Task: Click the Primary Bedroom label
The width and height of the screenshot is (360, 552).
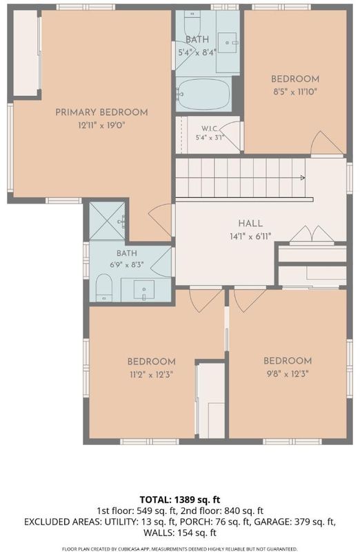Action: pyautogui.click(x=101, y=112)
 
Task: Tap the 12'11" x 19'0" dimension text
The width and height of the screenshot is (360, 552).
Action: pyautogui.click(x=101, y=125)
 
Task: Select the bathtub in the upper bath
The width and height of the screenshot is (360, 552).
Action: pyautogui.click(x=203, y=94)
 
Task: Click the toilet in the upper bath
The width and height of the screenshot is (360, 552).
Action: pyautogui.click(x=192, y=21)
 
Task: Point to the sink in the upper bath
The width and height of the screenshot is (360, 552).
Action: pyautogui.click(x=228, y=43)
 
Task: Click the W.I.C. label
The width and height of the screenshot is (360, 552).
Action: pyautogui.click(x=210, y=128)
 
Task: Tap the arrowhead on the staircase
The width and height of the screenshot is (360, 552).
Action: pyautogui.click(x=302, y=178)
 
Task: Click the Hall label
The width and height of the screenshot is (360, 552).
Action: pyautogui.click(x=250, y=223)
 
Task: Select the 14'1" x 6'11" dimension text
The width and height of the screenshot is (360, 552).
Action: pyautogui.click(x=250, y=236)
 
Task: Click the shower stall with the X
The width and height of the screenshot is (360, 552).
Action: pyautogui.click(x=107, y=221)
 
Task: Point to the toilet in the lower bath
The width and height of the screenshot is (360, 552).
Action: pyautogui.click(x=104, y=288)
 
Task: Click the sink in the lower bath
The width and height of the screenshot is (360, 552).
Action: pyautogui.click(x=144, y=289)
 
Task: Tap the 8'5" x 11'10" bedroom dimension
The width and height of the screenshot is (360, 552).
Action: pyautogui.click(x=295, y=92)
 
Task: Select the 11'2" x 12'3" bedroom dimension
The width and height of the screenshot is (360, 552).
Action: pyautogui.click(x=151, y=375)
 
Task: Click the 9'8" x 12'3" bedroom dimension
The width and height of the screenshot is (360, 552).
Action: pyautogui.click(x=288, y=374)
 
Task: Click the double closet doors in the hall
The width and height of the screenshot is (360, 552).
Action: pyautogui.click(x=312, y=234)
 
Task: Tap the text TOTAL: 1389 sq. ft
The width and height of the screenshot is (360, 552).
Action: pyautogui.click(x=180, y=500)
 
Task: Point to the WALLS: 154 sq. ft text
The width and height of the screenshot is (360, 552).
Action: pyautogui.click(x=180, y=533)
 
